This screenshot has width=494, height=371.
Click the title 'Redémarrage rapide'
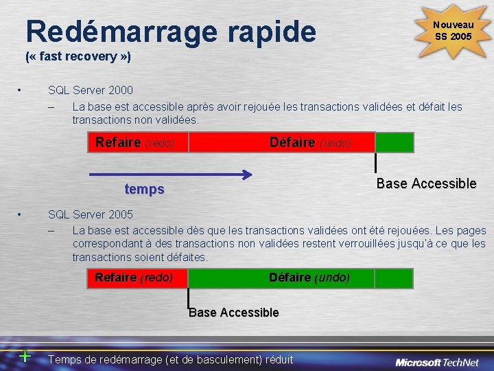click(x=171, y=30)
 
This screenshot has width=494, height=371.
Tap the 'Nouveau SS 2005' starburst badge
click(x=452, y=31)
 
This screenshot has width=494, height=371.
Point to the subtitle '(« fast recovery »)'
click(x=78, y=56)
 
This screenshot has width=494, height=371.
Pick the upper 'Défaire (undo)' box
click(x=281, y=142)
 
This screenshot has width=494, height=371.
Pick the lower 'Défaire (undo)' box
click(x=281, y=278)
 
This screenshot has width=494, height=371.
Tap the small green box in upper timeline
click(x=395, y=142)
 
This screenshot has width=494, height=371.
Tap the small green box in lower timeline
click(x=395, y=278)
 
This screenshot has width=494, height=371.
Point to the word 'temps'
click(x=144, y=189)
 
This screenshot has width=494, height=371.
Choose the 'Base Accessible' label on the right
click(x=426, y=183)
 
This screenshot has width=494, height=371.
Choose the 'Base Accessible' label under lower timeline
click(x=234, y=313)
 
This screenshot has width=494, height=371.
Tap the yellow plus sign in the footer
click(x=25, y=356)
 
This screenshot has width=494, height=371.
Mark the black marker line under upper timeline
click(x=375, y=162)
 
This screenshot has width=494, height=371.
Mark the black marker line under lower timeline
click(x=188, y=297)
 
